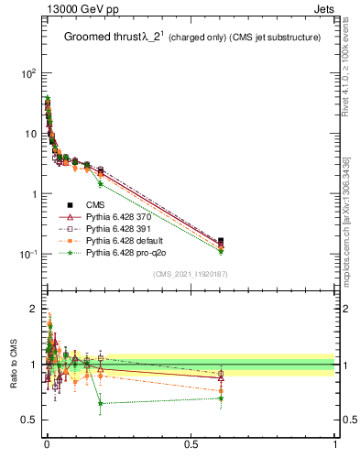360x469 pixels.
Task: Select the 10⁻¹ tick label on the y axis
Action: (28, 255)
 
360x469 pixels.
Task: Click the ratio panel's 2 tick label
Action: (34, 307)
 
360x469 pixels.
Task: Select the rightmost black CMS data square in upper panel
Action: (221, 241)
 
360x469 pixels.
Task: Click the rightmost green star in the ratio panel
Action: (221, 398)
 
